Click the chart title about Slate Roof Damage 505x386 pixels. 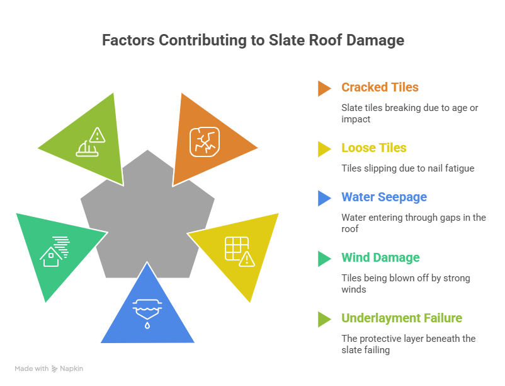(x=252, y=40)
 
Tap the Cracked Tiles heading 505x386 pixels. (x=380, y=87)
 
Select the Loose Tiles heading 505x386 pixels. (x=374, y=148)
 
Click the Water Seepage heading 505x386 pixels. (x=383, y=197)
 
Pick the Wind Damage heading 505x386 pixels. (x=380, y=257)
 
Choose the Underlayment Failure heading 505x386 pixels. (x=401, y=318)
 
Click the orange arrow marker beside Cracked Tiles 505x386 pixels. (x=324, y=88)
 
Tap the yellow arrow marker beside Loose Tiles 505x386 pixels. (x=324, y=149)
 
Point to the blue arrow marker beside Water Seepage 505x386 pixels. (x=324, y=198)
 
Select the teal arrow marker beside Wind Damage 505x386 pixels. (x=324, y=259)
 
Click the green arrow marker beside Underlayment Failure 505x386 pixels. (x=324, y=319)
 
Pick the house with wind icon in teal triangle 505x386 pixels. (x=54, y=250)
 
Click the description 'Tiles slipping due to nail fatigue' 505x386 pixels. (x=407, y=168)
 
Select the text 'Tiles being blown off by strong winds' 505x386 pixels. (x=406, y=283)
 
